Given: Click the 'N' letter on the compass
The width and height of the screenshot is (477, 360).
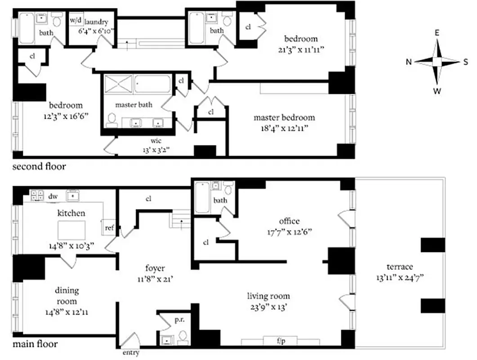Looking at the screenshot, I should tap(409, 62).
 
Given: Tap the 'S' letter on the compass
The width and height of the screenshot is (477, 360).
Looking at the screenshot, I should tap(465, 62).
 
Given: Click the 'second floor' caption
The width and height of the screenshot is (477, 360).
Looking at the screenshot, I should tap(39, 167).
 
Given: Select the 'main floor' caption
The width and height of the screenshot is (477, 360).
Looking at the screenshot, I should tap(35, 345).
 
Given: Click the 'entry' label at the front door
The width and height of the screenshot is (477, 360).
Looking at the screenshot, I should tap(130, 353).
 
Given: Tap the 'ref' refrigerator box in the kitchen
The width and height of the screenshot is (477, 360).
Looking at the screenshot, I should tap(109, 228).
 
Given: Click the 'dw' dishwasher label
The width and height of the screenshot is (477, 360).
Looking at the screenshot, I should tap(53, 196).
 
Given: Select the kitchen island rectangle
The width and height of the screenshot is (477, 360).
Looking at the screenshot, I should tap(71, 230).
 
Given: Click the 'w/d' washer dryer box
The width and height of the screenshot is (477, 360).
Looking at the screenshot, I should tap(75, 21).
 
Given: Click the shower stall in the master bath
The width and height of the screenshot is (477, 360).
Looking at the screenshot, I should tap(119, 85).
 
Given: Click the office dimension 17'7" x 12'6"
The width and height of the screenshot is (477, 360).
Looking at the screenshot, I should tap(289, 232).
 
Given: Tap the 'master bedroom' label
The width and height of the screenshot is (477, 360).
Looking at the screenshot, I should tap(284, 117).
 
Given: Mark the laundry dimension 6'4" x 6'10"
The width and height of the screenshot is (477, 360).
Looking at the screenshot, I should tap(97, 31).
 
